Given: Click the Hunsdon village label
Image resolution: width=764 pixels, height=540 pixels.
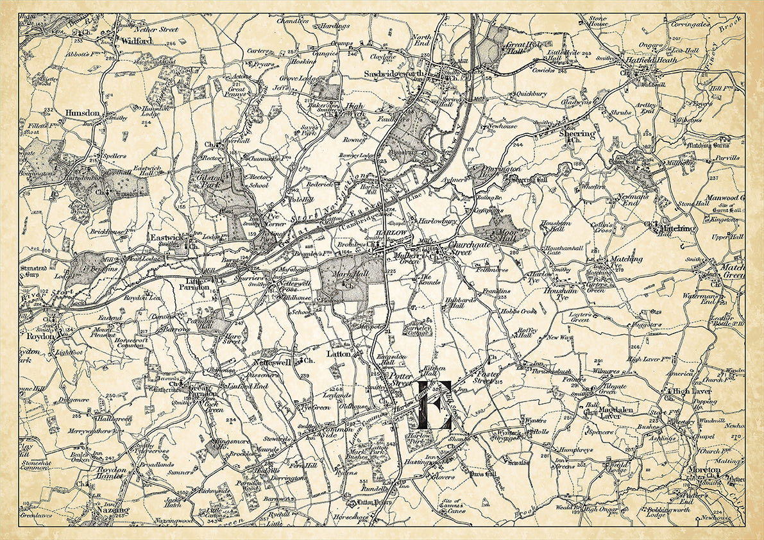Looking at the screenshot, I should tap(82, 113).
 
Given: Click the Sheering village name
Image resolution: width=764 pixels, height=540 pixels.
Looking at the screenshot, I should tap(577, 134).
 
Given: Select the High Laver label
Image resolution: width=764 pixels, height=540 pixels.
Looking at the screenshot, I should tap(690, 390).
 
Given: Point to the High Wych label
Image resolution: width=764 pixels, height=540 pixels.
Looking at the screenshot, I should tap(354, 108).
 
